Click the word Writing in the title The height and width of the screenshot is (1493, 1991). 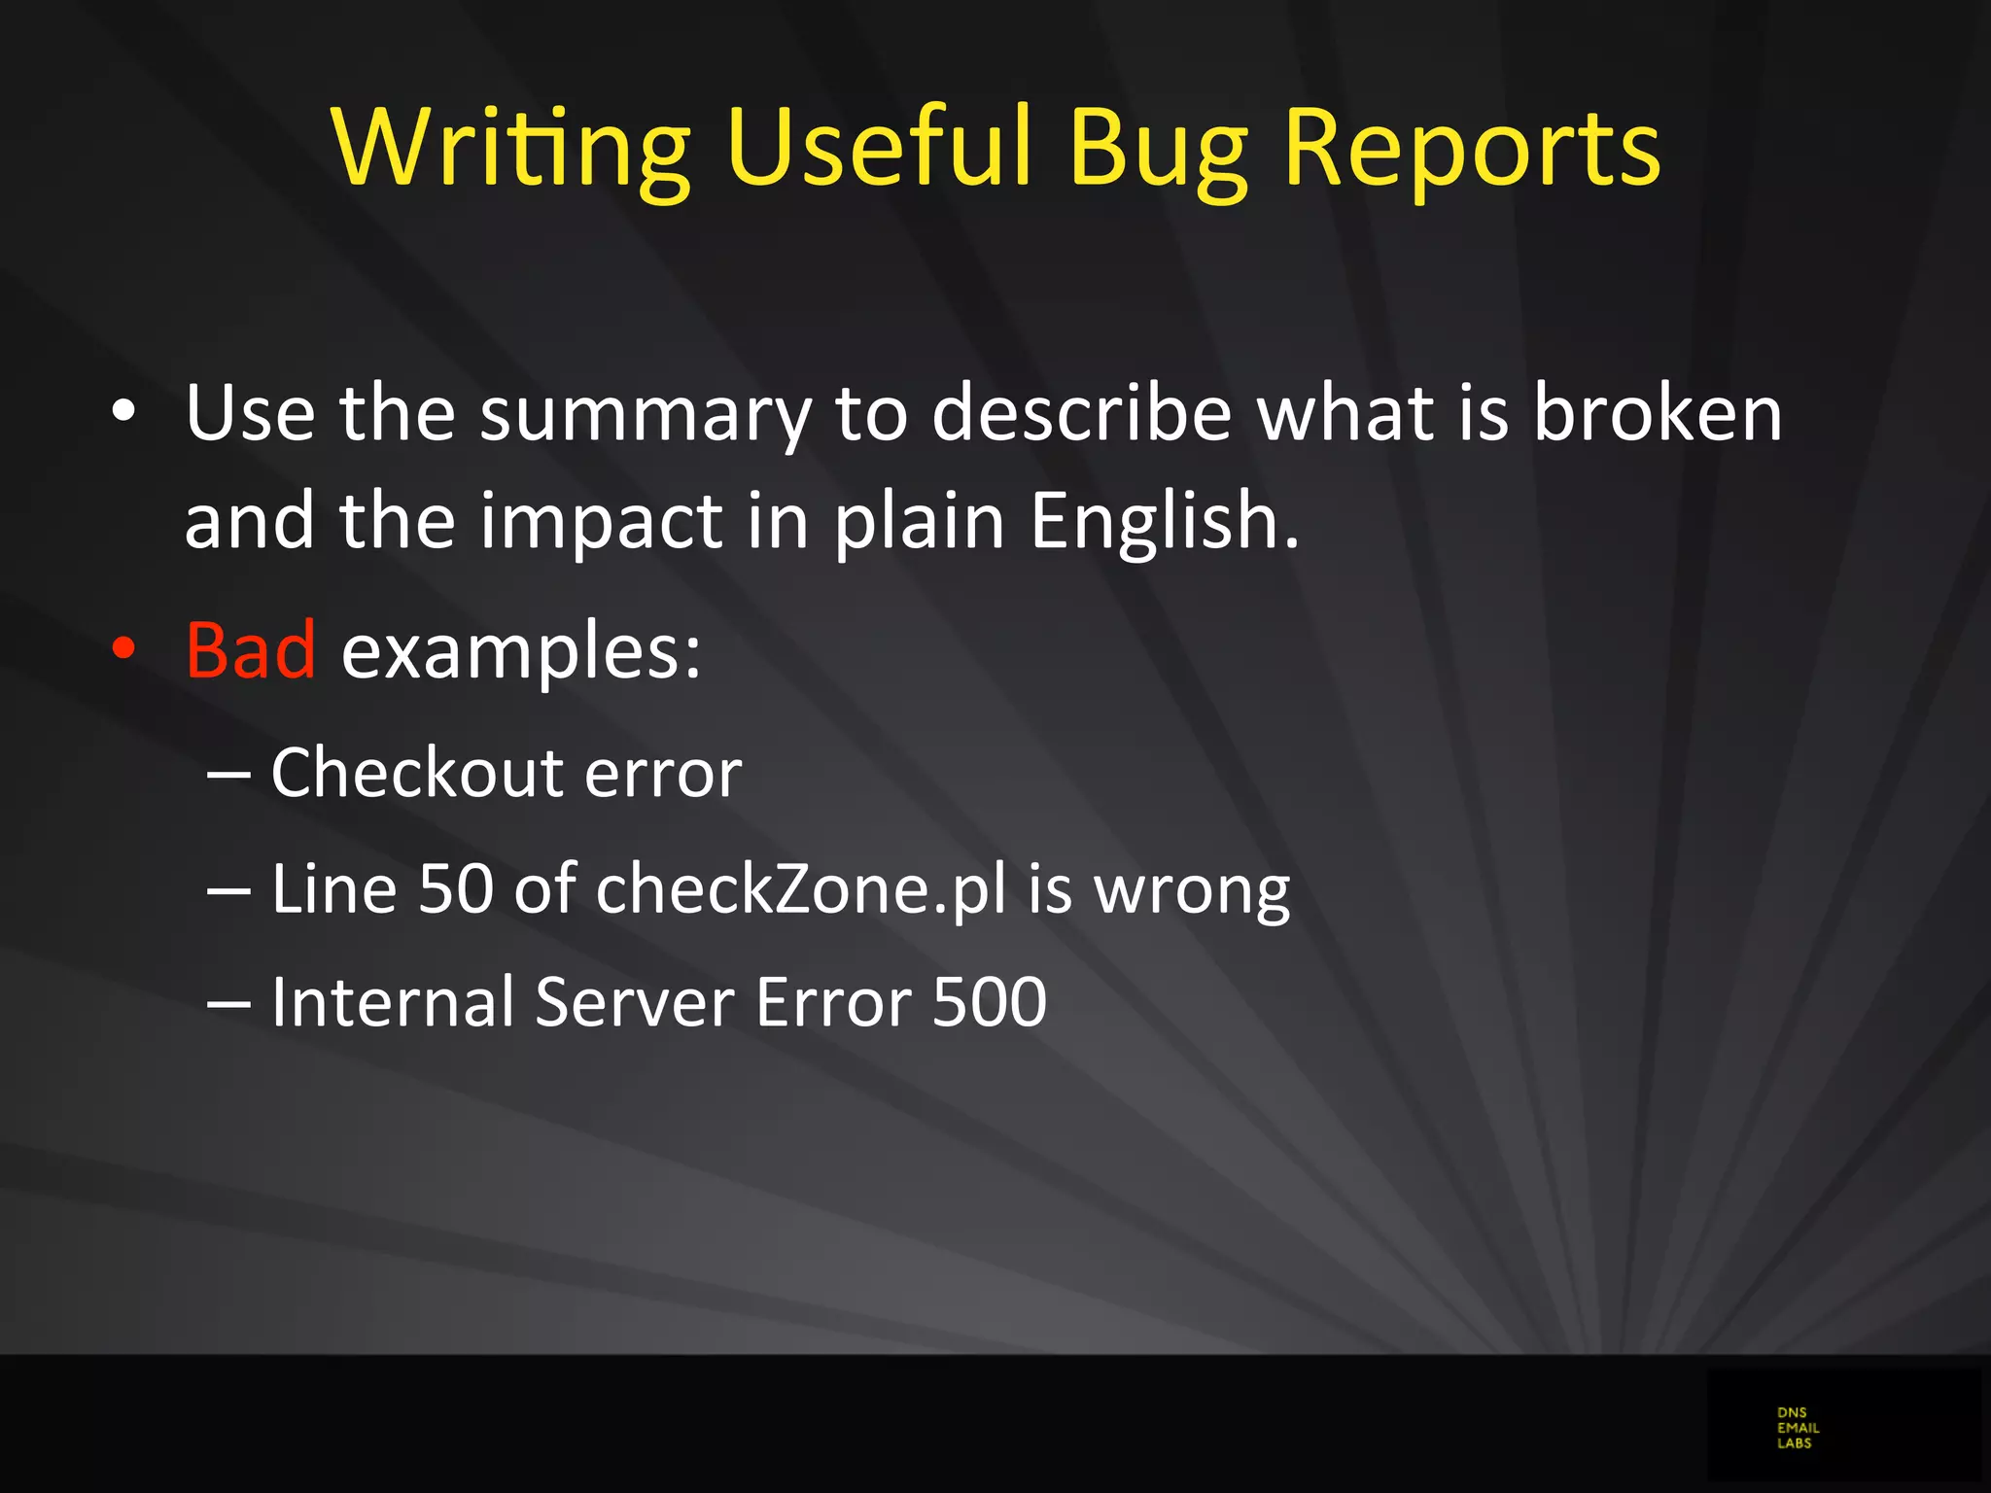510,148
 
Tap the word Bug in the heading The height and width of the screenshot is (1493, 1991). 1157,148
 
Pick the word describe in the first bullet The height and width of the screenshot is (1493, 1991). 1082,413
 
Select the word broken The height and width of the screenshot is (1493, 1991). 1658,413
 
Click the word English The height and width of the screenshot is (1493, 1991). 1164,522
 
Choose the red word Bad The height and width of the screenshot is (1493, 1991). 251,649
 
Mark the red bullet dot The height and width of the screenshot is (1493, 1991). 123,649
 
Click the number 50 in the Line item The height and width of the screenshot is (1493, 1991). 456,889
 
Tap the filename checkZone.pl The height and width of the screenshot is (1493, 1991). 801,889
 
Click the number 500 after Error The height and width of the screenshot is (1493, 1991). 990,1002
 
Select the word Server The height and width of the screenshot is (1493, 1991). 636,1002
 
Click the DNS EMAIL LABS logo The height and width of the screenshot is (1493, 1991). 1797,1427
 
